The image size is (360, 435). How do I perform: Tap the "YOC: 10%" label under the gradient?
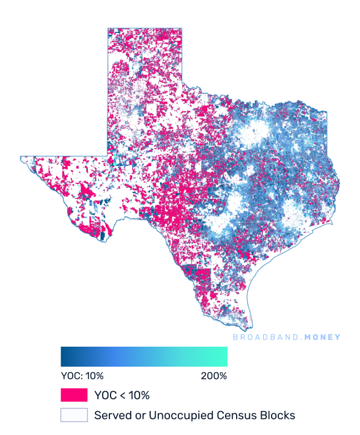(82, 376)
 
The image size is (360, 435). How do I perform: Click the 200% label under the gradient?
(214, 376)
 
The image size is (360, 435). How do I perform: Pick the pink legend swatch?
(74, 396)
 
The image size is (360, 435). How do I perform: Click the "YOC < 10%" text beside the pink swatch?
(122, 396)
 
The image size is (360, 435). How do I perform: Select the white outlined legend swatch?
(74, 415)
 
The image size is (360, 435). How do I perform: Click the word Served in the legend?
(111, 415)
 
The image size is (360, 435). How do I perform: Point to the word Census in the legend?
(228, 415)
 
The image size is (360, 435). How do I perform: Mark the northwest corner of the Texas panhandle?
(108, 28)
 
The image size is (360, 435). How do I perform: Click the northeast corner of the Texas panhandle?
(182, 28)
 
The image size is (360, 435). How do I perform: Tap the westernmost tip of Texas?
(21, 158)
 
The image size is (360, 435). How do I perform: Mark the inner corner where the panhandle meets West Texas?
(108, 156)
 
